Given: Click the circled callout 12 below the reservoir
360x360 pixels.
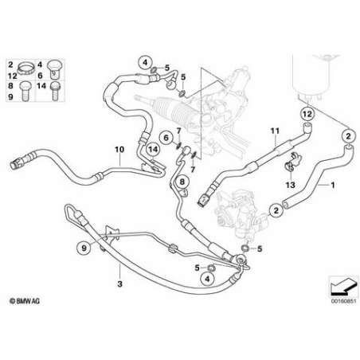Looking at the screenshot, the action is click(x=307, y=114).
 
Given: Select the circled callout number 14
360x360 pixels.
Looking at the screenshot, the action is click(x=153, y=150).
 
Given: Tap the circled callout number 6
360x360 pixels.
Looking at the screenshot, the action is click(x=166, y=138).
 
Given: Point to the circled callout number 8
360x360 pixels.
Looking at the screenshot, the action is click(x=182, y=182).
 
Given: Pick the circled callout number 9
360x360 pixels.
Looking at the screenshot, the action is click(x=84, y=248).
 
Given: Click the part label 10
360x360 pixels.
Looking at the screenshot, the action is click(x=119, y=150).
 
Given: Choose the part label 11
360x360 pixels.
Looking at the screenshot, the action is click(x=275, y=131).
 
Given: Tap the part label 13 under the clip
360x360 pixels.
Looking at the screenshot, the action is click(x=291, y=185).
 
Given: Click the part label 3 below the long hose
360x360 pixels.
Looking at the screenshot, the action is click(x=119, y=284).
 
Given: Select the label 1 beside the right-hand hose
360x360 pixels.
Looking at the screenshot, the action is click(x=333, y=185).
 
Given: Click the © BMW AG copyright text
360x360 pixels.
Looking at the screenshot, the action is click(x=25, y=301).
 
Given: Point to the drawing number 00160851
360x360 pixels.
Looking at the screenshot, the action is click(x=342, y=302).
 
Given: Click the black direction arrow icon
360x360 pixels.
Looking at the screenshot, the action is click(x=342, y=287).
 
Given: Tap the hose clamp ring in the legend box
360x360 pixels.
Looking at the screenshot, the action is click(x=26, y=68).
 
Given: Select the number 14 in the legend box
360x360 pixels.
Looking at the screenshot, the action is click(x=41, y=86).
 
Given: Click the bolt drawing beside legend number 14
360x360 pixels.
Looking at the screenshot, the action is click(x=55, y=91).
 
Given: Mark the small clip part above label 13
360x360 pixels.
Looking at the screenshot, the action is click(x=294, y=162).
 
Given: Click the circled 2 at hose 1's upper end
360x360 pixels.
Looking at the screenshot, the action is click(x=348, y=136).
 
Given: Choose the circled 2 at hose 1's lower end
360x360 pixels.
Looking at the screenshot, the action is click(x=276, y=210).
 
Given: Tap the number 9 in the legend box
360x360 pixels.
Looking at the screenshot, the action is click(x=10, y=96).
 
